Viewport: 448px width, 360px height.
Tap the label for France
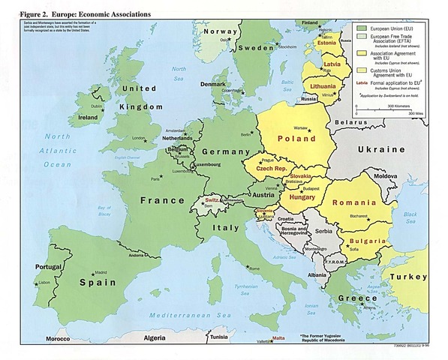[x=163, y=200]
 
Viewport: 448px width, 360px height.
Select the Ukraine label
[x=380, y=150]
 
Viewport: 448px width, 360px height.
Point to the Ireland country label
[x=88, y=118]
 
